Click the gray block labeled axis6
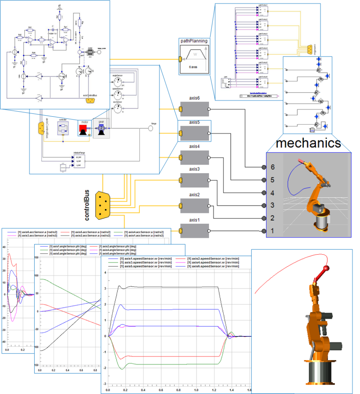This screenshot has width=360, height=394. pos(194,109)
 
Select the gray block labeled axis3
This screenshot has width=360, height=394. pos(194,180)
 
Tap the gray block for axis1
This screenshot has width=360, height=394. pos(194,231)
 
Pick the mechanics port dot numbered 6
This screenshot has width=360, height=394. pos(264,167)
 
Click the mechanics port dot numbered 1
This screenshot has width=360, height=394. pos(264,231)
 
